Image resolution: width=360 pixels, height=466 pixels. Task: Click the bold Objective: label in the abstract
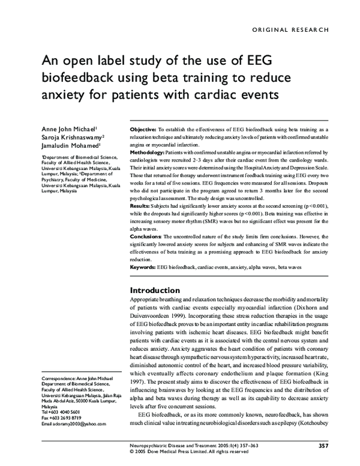click(x=143, y=130)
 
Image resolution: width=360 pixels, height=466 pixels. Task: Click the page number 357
click(x=323, y=445)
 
